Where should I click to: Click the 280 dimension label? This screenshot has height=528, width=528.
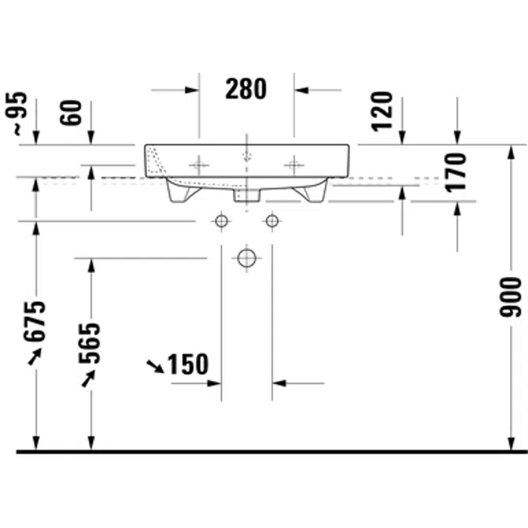(246, 89)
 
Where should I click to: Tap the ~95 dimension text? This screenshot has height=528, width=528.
(16, 114)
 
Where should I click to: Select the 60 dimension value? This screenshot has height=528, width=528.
(70, 113)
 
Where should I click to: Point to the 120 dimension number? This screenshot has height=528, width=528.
(382, 111)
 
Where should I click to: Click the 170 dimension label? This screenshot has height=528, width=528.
(455, 173)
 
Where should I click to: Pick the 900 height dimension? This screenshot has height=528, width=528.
(510, 297)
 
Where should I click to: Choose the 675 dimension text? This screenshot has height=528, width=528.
(34, 321)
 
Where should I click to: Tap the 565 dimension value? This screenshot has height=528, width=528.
(89, 343)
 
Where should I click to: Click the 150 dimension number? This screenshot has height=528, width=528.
(188, 365)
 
